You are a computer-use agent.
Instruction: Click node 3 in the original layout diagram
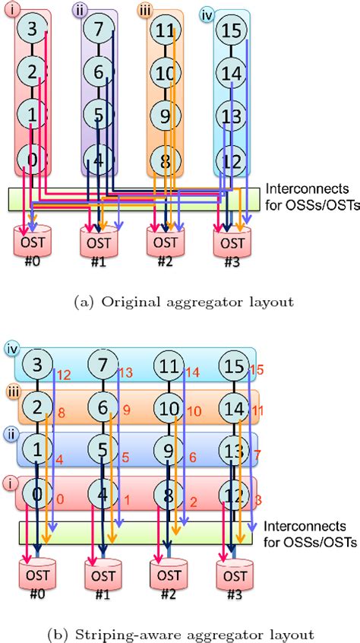point(32,30)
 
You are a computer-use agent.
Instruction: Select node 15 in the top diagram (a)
point(231,31)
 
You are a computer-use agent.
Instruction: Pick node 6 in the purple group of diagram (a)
point(99,74)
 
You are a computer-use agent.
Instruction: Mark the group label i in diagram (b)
point(10,481)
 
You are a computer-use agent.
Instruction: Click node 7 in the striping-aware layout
point(99,366)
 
